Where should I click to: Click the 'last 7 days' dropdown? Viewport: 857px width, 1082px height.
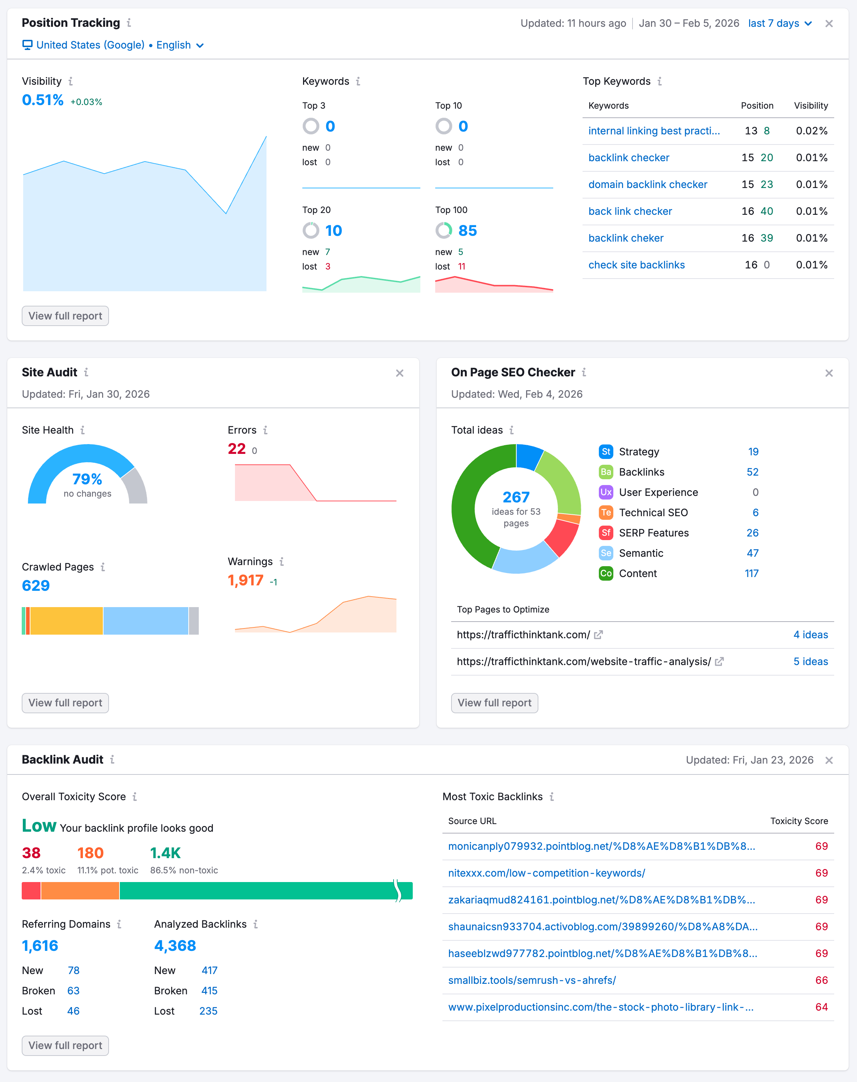point(779,23)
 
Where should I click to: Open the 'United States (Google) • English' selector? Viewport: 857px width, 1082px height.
point(113,45)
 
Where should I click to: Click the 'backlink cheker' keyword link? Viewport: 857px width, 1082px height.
point(626,238)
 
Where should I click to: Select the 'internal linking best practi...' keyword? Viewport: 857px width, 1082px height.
point(654,131)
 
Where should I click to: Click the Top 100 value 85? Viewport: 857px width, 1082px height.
point(467,230)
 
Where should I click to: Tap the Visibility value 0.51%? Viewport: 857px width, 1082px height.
point(43,100)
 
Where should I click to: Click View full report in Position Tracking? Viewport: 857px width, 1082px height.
point(65,316)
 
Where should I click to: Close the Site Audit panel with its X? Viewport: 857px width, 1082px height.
point(399,373)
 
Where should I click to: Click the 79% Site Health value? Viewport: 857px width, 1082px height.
point(87,479)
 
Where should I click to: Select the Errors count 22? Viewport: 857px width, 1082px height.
point(236,449)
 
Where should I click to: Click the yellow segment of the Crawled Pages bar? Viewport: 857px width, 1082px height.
point(66,621)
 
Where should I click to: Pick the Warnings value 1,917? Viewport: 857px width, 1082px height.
point(245,580)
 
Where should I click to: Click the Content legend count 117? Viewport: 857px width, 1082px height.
point(751,573)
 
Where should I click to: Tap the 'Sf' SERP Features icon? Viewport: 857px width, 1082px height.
point(606,532)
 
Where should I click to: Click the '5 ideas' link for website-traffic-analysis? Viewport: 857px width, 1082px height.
point(810,661)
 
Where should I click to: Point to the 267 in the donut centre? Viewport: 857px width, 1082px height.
point(516,497)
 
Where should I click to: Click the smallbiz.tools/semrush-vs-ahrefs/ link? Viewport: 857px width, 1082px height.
point(532,980)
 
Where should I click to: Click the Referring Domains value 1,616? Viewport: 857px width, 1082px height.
point(40,945)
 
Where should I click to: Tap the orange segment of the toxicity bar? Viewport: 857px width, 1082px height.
point(80,890)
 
